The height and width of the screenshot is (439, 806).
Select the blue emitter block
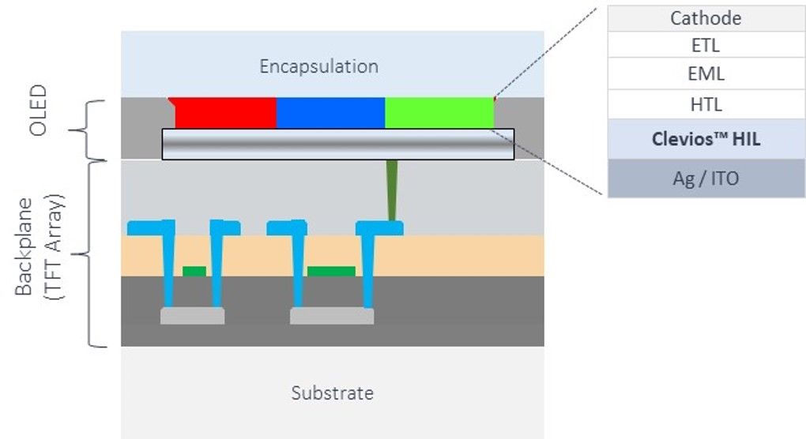tap(330, 113)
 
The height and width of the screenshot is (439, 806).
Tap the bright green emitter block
tap(439, 113)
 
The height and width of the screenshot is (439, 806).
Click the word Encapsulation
tap(318, 66)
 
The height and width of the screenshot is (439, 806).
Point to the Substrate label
tap(332, 392)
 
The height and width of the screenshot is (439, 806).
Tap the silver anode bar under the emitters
tap(338, 144)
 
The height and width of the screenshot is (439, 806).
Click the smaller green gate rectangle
tap(194, 271)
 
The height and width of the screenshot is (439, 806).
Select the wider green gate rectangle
tap(331, 271)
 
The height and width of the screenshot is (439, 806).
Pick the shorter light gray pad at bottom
tap(192, 316)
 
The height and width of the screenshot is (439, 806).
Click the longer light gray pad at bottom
tap(332, 316)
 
